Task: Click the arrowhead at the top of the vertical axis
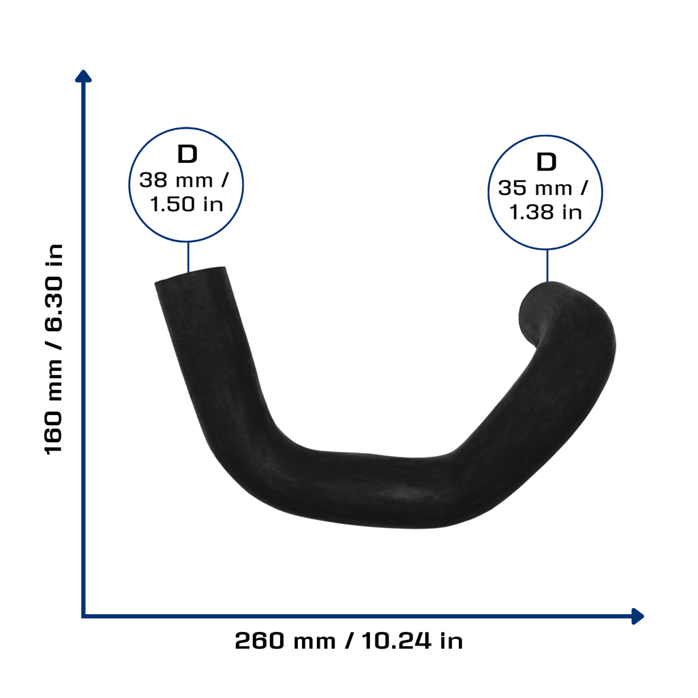(83, 76)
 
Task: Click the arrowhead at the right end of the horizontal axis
(637, 616)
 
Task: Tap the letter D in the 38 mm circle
(187, 154)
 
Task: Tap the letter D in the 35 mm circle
(546, 162)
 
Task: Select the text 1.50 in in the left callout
(187, 204)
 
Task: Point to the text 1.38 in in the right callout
(546, 213)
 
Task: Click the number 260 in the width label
(260, 641)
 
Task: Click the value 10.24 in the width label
(396, 641)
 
